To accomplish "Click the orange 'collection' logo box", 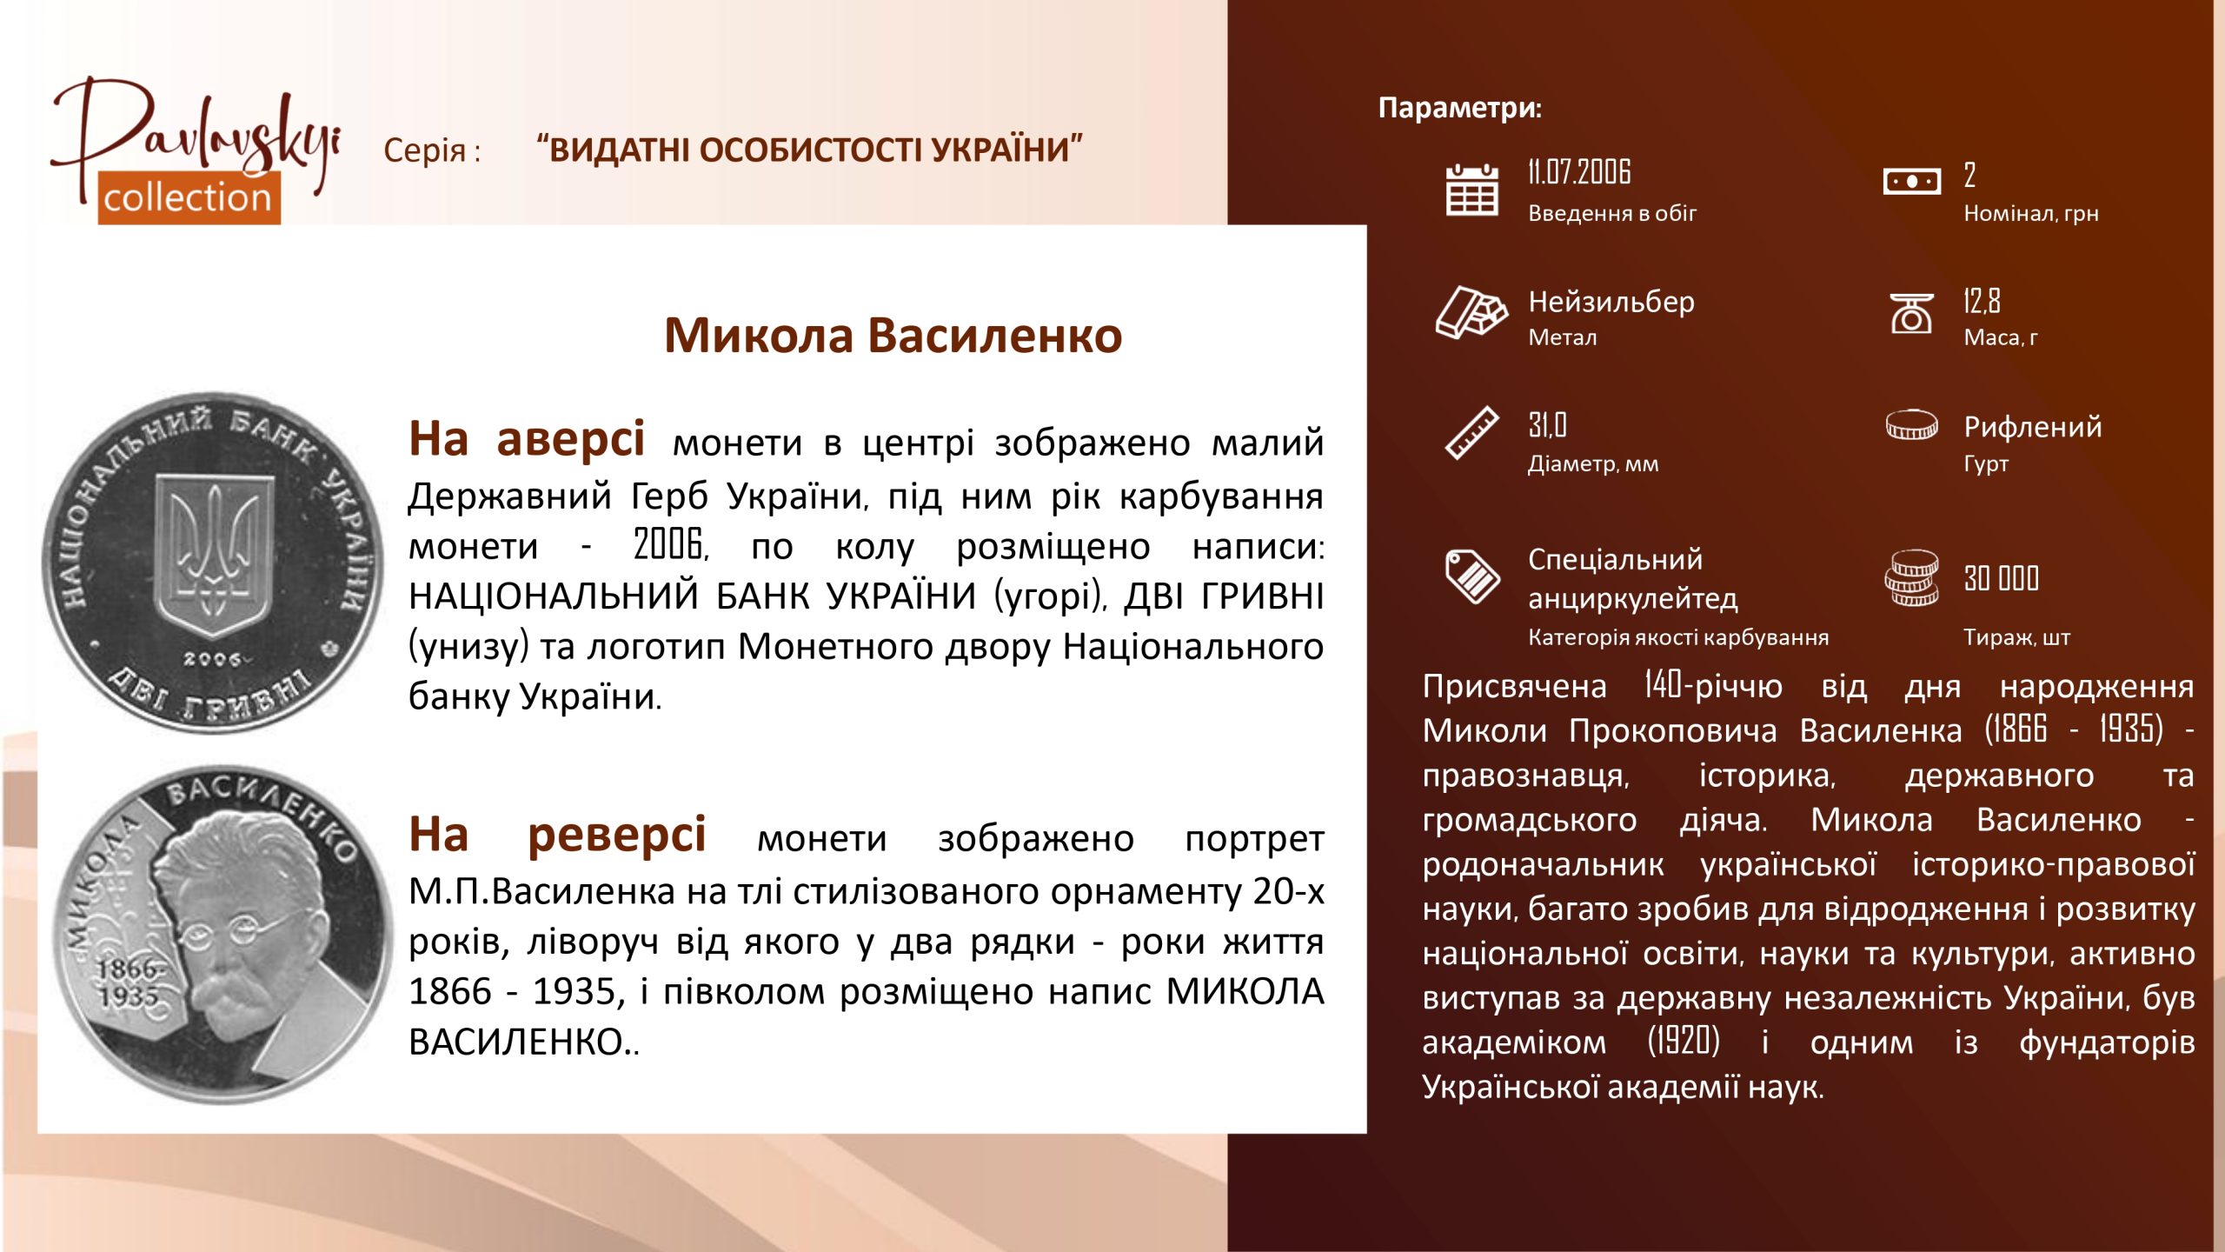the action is (189, 197).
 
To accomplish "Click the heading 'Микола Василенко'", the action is (893, 336).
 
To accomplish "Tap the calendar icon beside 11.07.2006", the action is (1471, 190).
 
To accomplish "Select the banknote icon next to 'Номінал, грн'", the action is (1911, 181).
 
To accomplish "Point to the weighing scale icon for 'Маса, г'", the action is (1911, 313).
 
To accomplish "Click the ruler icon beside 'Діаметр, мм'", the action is (1471, 432).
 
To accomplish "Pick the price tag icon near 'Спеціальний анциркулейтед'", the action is (1472, 576).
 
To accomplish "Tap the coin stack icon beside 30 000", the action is (1911, 577).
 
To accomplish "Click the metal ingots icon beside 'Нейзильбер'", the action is (1471, 311).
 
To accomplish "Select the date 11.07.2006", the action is (1579, 172).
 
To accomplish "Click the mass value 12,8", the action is (1982, 301).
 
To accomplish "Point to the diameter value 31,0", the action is (1547, 425).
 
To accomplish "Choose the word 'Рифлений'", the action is (2033, 427).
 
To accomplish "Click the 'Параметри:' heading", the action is (1460, 108).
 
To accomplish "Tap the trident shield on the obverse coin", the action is (214, 554).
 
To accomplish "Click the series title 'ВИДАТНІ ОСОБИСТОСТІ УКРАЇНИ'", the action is (809, 150).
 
